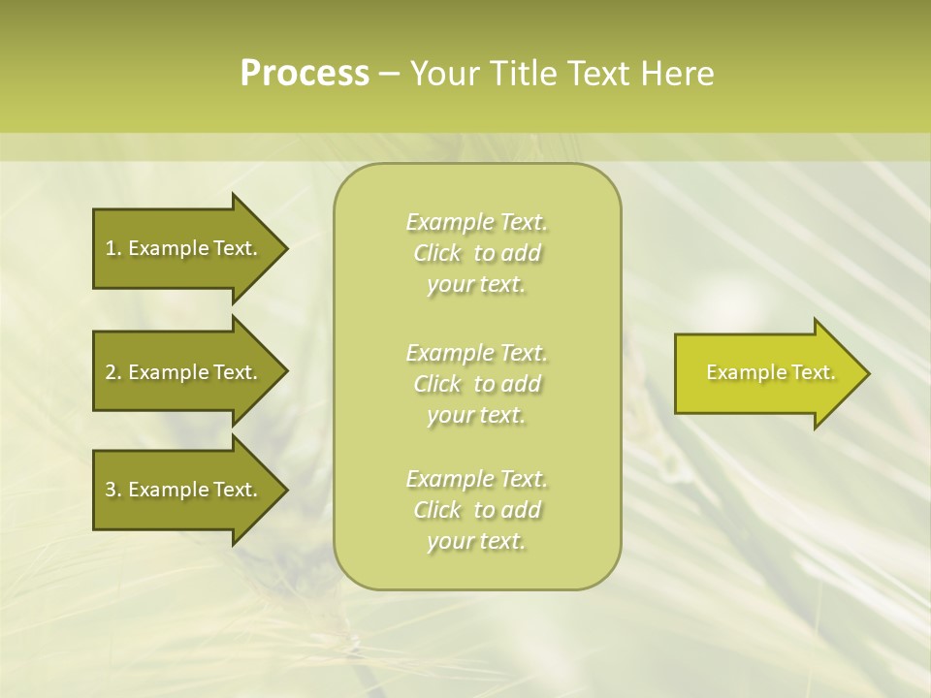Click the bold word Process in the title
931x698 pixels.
[305, 74]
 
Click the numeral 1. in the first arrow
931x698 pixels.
[112, 248]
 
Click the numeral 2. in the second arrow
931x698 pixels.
[112, 372]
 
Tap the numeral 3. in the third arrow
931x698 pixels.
[112, 490]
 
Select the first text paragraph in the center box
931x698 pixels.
[476, 253]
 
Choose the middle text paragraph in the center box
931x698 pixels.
[476, 384]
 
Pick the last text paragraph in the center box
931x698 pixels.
[476, 510]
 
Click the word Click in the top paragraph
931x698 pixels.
[436, 253]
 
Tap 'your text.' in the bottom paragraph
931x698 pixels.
[476, 541]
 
